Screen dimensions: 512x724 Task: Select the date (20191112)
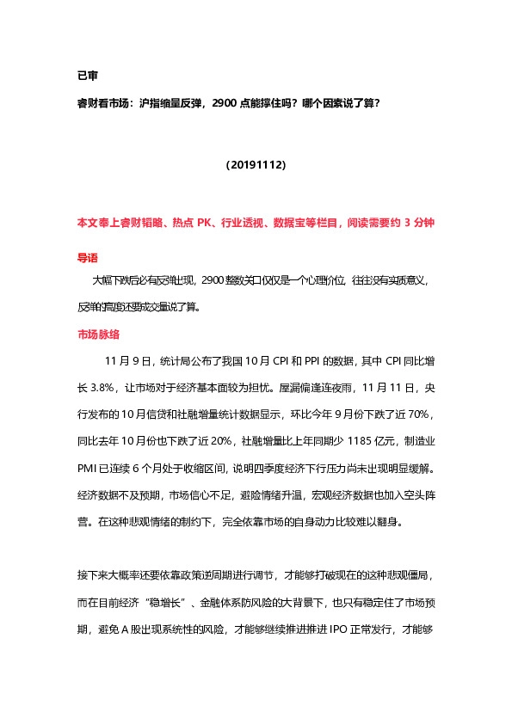[x=256, y=163]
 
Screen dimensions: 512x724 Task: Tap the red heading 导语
[x=88, y=256]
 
